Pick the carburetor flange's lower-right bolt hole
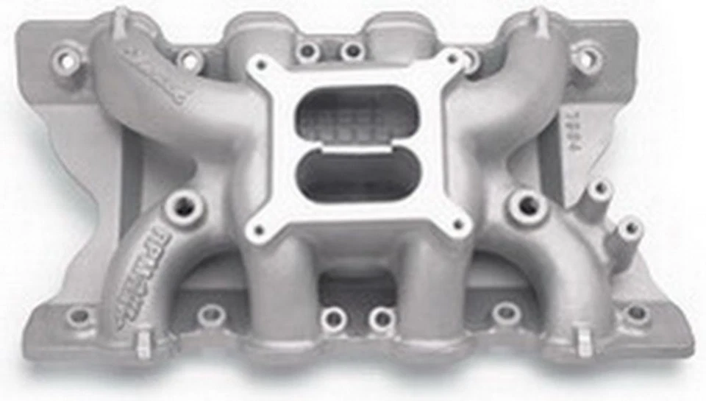click(x=460, y=223)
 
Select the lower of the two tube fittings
click(x=628, y=229)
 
